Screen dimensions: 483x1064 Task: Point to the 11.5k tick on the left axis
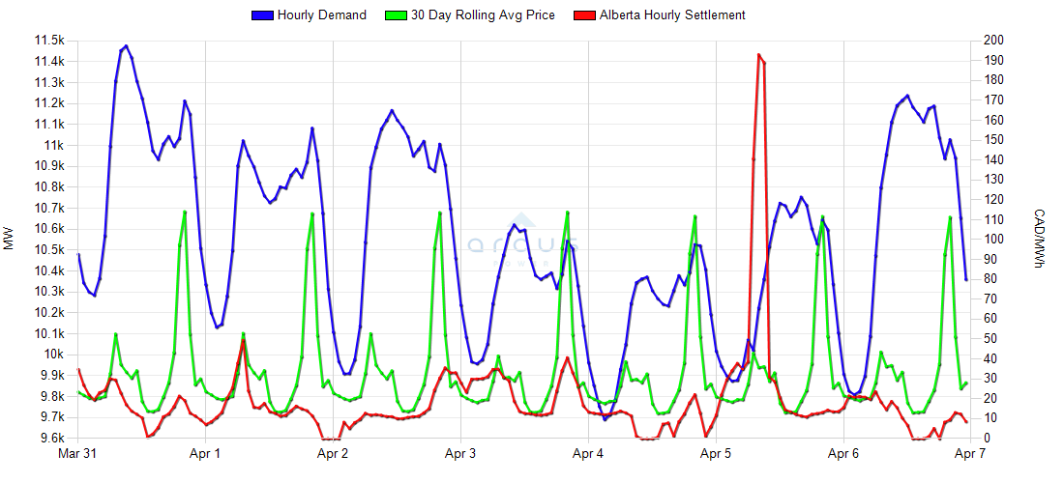click(x=48, y=41)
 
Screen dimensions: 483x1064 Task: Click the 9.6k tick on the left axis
click(x=50, y=439)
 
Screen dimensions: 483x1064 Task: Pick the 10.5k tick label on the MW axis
click(x=48, y=249)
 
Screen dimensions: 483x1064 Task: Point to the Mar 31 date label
click(x=77, y=453)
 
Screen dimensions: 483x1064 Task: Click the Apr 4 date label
click(x=588, y=453)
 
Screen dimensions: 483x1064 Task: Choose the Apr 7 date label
click(x=971, y=453)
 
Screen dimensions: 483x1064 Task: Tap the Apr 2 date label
click(x=333, y=453)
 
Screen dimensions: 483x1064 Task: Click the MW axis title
click(x=10, y=240)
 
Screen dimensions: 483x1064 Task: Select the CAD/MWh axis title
click(x=1040, y=240)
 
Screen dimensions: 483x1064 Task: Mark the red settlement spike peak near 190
click(x=758, y=55)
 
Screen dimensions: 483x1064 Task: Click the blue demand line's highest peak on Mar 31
click(x=126, y=45)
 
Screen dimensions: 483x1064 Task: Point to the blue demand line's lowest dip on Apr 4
click(x=605, y=419)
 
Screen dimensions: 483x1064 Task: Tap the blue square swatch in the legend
click(x=261, y=15)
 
